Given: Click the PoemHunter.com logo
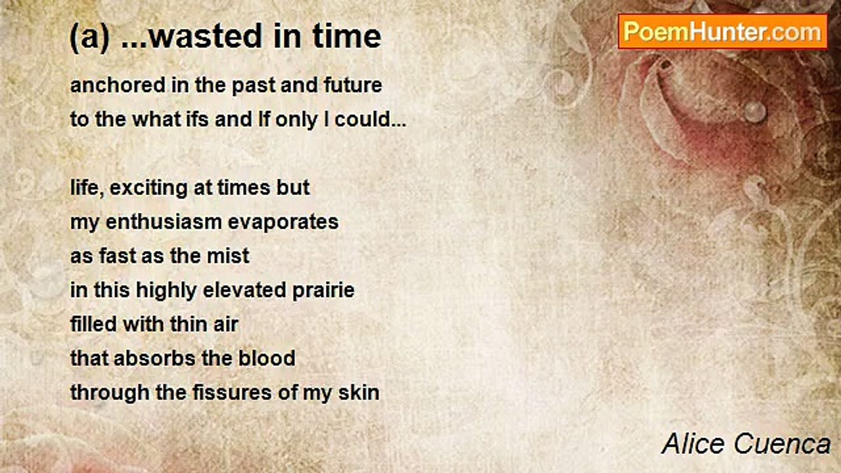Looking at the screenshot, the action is pos(723,32).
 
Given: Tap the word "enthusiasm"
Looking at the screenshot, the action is pos(164,221).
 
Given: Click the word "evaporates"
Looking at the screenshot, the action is pos(283,221).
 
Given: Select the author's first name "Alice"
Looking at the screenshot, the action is pos(693,443).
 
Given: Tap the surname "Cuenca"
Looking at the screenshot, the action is pos(782,444).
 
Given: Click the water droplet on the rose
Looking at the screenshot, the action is pos(755,111).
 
